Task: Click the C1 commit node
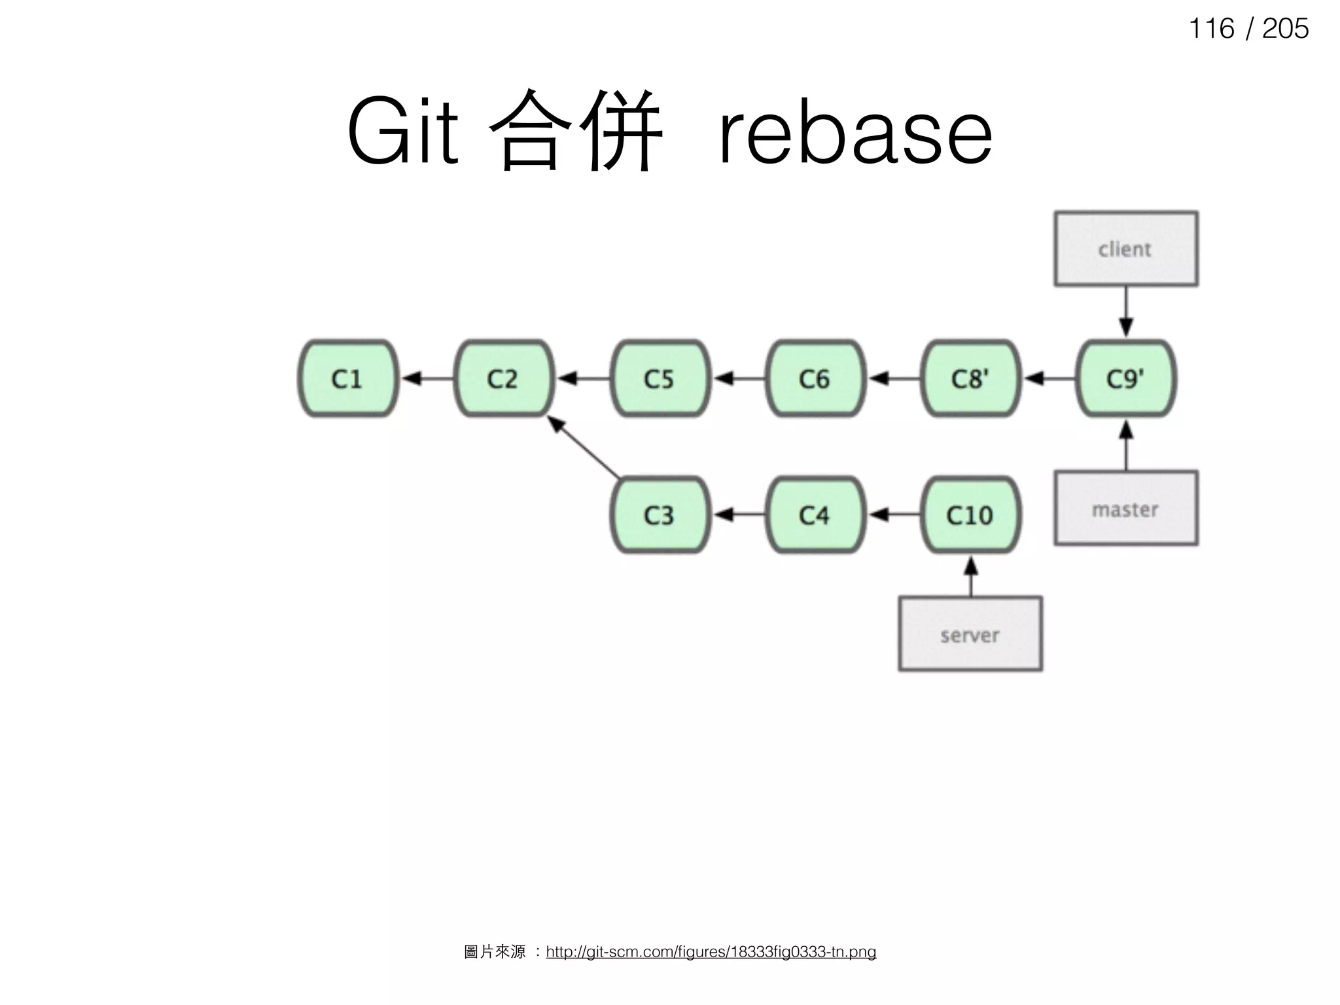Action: [347, 378]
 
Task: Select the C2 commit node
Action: [504, 378]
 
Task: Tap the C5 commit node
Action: [660, 378]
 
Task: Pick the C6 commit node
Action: [815, 378]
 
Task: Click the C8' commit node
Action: [970, 378]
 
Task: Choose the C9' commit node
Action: [1126, 378]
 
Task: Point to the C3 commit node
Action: [660, 515]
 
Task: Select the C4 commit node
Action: [815, 515]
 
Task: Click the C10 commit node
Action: [970, 515]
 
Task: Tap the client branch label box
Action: [1126, 249]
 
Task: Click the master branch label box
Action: [1126, 508]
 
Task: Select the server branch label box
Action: [970, 634]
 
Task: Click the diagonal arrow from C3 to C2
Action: [584, 447]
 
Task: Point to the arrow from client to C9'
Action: [1126, 311]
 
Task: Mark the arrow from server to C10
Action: [971, 576]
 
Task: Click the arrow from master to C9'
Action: [1126, 445]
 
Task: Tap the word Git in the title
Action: [402, 133]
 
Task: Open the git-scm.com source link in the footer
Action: [711, 952]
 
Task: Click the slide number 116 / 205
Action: [1248, 29]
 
